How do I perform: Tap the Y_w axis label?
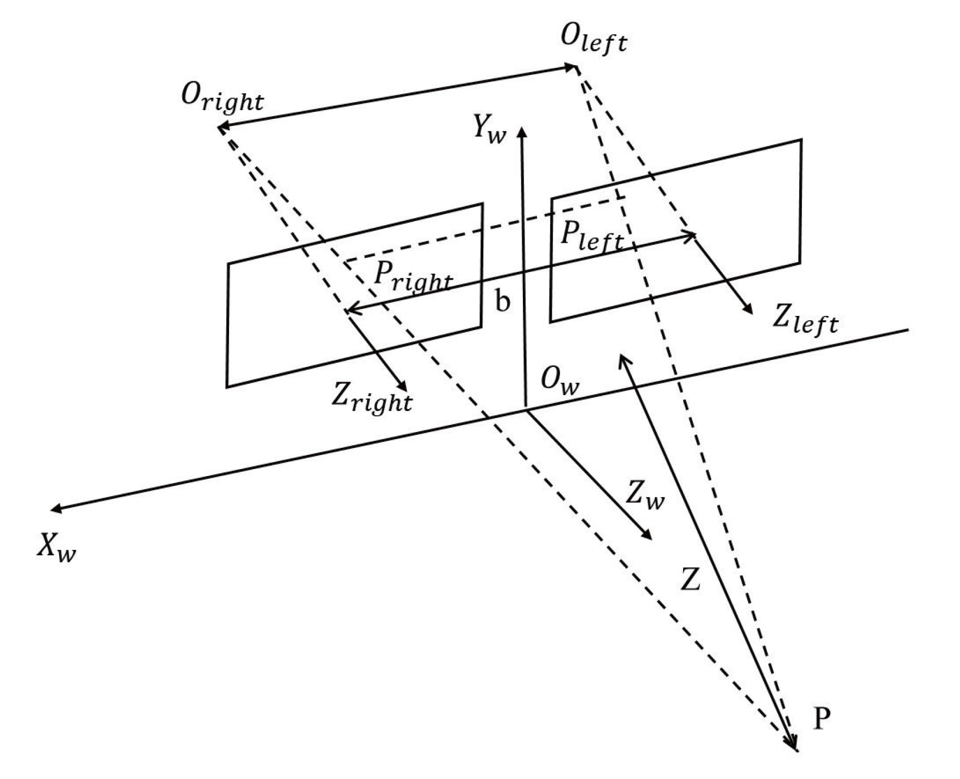pyautogui.click(x=489, y=130)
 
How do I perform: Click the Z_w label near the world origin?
pyautogui.click(x=645, y=495)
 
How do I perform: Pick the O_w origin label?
pyautogui.click(x=560, y=382)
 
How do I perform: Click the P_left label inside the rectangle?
pyautogui.click(x=591, y=237)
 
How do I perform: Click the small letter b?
pyautogui.click(x=503, y=301)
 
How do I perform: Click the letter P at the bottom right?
pyautogui.click(x=822, y=720)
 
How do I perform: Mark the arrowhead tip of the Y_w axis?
pyautogui.click(x=522, y=129)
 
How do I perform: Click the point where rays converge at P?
pyautogui.click(x=796, y=750)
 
